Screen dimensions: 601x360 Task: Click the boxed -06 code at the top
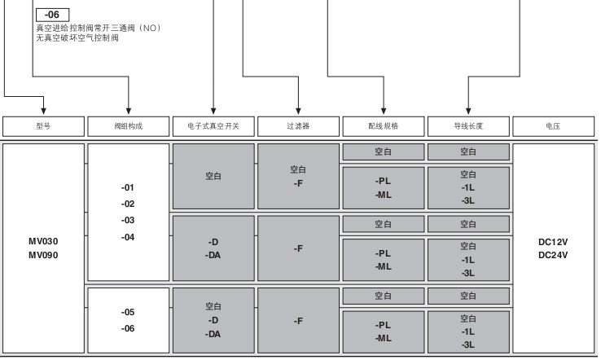tap(52, 15)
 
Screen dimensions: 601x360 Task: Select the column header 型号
tap(43, 126)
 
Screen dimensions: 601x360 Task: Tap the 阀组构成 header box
tap(129, 126)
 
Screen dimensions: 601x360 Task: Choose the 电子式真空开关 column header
tap(213, 126)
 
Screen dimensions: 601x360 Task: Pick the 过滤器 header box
tap(298, 126)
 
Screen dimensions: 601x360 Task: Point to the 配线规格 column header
tap(384, 126)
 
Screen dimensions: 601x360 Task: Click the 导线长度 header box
tap(468, 126)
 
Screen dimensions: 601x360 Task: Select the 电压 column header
tap(554, 126)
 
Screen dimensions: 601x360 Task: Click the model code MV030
tap(43, 242)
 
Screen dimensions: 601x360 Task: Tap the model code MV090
tap(43, 255)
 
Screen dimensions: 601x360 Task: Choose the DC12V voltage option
tap(553, 242)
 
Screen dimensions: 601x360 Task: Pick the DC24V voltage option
tap(553, 255)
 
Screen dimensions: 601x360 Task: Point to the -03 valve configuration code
tap(128, 221)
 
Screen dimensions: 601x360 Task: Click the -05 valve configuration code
tap(128, 312)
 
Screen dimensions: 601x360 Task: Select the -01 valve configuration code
tap(128, 187)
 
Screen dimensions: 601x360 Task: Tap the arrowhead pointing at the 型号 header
tap(43, 112)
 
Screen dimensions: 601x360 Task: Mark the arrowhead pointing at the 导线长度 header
tap(468, 112)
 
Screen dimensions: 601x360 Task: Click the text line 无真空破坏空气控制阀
tap(77, 38)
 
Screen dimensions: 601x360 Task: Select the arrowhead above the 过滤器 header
tap(298, 112)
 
